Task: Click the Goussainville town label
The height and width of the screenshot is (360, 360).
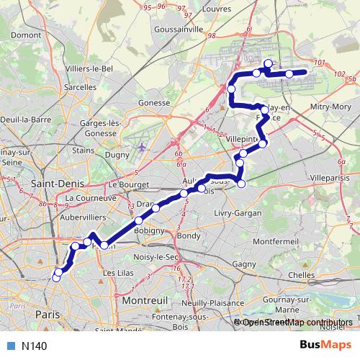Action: (179, 32)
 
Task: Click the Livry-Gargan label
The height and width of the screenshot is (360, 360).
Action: (236, 214)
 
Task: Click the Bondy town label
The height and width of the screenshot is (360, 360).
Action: (189, 235)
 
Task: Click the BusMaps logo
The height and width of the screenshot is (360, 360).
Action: (322, 345)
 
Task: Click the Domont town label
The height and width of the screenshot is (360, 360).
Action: (26, 34)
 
